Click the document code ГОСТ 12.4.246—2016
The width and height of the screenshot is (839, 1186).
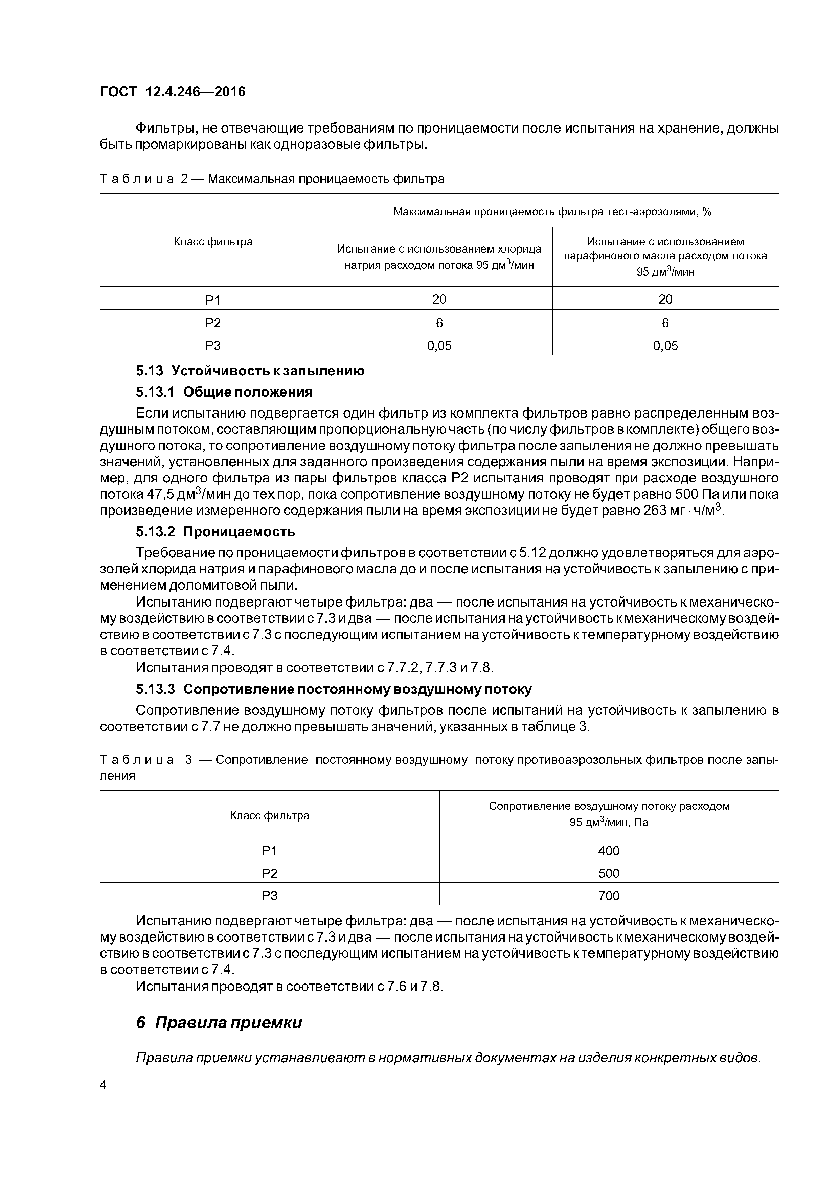[172, 92]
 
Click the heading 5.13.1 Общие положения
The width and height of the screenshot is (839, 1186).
[224, 392]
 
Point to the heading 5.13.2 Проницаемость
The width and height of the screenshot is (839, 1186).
[215, 531]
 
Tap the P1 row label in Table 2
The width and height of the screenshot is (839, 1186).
[213, 300]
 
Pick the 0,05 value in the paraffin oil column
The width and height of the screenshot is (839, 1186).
[665, 346]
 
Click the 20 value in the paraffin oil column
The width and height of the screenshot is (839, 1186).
[665, 300]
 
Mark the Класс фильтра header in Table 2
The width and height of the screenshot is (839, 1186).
[213, 242]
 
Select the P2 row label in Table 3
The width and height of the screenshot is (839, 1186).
[270, 873]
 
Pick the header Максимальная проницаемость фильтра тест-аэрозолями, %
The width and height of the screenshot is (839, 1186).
[552, 212]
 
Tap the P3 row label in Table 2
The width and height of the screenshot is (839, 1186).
[213, 346]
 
